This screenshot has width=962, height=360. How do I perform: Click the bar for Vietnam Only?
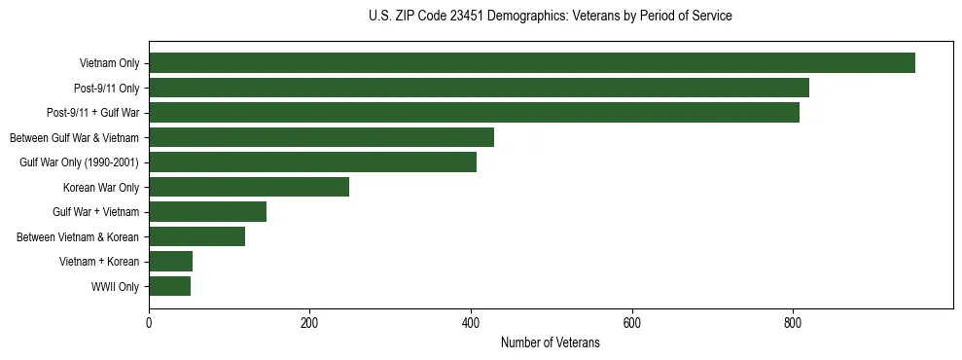(x=531, y=63)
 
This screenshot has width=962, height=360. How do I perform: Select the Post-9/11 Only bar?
(x=479, y=89)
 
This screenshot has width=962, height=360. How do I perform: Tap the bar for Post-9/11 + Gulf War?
(x=474, y=113)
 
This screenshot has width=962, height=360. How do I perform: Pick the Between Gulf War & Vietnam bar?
(x=321, y=137)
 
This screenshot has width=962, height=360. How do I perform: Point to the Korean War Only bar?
(x=249, y=187)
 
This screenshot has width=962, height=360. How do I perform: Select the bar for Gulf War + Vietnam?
(x=207, y=212)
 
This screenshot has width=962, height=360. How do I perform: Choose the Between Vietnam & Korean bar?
(x=196, y=236)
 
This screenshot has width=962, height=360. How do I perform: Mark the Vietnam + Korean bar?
(x=170, y=261)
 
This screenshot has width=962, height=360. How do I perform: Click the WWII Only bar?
(x=169, y=286)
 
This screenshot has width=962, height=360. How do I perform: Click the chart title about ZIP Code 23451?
(x=551, y=17)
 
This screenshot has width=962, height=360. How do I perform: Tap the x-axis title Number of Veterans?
(x=550, y=343)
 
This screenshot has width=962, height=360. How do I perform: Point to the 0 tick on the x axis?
(x=149, y=323)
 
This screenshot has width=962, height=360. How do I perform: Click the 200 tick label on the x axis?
(x=309, y=323)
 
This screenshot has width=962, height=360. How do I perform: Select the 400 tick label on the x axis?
(x=471, y=323)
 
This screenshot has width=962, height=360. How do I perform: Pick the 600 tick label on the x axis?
(x=632, y=323)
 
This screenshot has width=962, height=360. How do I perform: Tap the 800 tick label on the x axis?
(x=793, y=323)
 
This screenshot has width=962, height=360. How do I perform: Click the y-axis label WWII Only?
(x=115, y=287)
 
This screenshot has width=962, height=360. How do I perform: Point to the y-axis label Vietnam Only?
(x=109, y=64)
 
